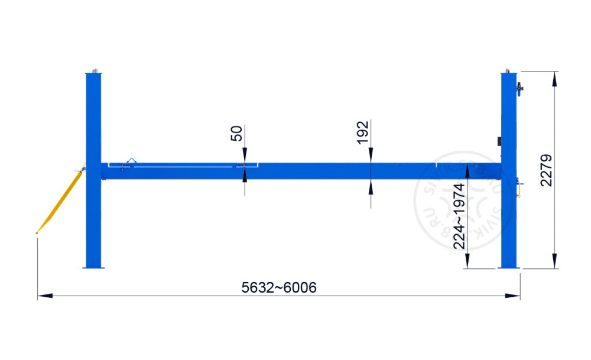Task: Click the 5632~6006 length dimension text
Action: [279, 288]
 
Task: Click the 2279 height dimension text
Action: [547, 170]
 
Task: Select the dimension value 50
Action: [236, 133]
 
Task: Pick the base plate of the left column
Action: [93, 268]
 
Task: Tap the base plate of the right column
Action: [509, 268]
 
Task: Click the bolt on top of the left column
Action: [93, 70]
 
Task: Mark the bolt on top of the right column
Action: [508, 70]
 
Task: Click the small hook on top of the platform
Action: [131, 160]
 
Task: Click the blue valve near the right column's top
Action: [520, 89]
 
